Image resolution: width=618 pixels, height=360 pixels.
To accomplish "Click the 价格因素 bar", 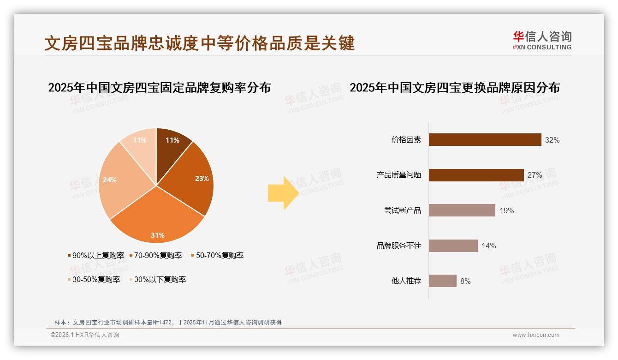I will point(485,140).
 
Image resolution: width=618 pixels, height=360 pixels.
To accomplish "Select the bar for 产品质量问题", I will point(476,175).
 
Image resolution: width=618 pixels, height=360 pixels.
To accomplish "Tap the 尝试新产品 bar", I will point(462,210).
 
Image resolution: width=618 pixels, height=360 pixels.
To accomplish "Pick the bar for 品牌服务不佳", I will point(453,246).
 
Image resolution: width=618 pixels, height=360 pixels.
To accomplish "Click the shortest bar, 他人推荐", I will point(442,281).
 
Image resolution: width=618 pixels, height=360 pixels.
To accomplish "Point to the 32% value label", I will point(552,140).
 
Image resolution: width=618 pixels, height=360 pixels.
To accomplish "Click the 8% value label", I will point(465,281).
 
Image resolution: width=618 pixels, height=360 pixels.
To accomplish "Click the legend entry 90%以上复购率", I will point(95,255).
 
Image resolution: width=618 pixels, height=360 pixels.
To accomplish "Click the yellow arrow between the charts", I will point(283,193).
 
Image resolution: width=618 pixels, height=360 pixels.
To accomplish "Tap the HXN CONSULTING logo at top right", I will point(542,41).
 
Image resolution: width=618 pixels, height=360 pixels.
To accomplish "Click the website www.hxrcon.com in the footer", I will point(536,335).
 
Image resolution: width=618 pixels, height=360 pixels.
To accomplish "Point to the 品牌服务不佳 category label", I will point(399,246).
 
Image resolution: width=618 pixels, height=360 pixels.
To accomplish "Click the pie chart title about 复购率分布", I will point(159,87).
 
